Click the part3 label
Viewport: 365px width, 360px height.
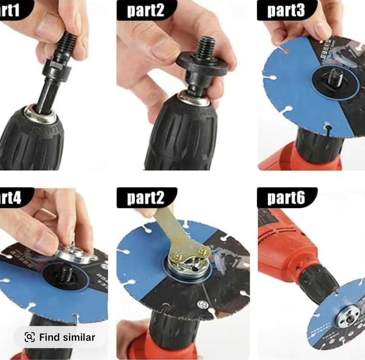click(286, 10)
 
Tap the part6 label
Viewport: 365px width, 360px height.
click(286, 198)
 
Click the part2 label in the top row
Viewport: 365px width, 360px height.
click(146, 10)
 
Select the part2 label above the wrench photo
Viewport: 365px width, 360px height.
click(146, 198)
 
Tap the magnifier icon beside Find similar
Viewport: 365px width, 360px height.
click(30, 337)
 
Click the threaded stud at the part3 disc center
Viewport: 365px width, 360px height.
click(336, 76)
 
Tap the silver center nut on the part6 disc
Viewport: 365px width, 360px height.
click(347, 314)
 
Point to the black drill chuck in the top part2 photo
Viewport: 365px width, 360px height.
click(181, 133)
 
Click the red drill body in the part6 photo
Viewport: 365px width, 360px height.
click(280, 246)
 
